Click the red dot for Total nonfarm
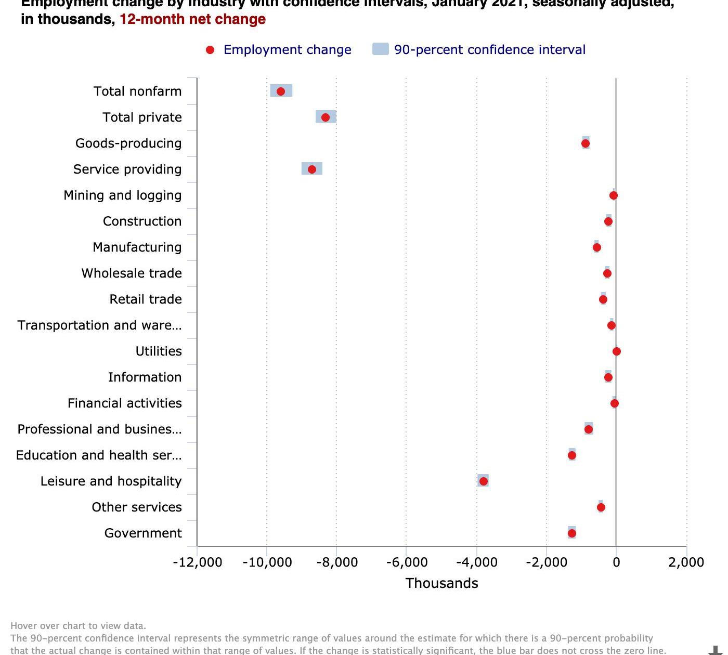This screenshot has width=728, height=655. point(281,91)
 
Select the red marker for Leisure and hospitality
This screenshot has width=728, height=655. point(484,481)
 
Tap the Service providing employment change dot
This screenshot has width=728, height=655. point(312,169)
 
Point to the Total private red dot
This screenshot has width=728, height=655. point(326,117)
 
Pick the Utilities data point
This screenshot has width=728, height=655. point(617,351)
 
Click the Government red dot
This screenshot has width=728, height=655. point(572,533)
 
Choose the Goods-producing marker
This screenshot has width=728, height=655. point(586,143)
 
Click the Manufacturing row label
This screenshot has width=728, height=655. point(137,247)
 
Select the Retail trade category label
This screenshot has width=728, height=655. point(146,299)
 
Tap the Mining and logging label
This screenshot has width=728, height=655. point(123,195)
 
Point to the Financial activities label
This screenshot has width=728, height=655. point(125,403)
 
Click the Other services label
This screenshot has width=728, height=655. point(137,507)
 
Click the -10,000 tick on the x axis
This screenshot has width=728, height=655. point(267,562)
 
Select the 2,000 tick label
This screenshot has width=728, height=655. point(686,562)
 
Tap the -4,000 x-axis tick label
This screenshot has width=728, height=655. point(476,562)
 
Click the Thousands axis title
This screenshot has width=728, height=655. point(441,583)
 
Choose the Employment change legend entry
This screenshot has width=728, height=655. point(287,50)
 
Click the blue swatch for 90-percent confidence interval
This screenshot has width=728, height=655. point(381,50)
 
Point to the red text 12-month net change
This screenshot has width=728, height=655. point(192,20)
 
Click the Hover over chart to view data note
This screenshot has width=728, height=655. point(78,626)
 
